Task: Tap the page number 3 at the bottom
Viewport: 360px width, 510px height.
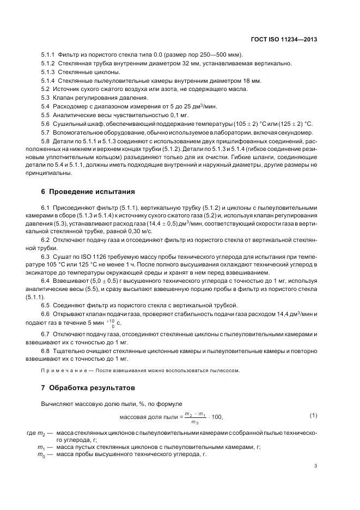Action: (315, 466)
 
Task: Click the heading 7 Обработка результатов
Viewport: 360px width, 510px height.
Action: (84, 388)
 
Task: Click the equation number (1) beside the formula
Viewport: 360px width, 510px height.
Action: (313, 416)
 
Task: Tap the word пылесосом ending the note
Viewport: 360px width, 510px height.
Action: (224, 370)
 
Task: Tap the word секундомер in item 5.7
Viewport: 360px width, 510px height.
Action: (297, 132)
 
